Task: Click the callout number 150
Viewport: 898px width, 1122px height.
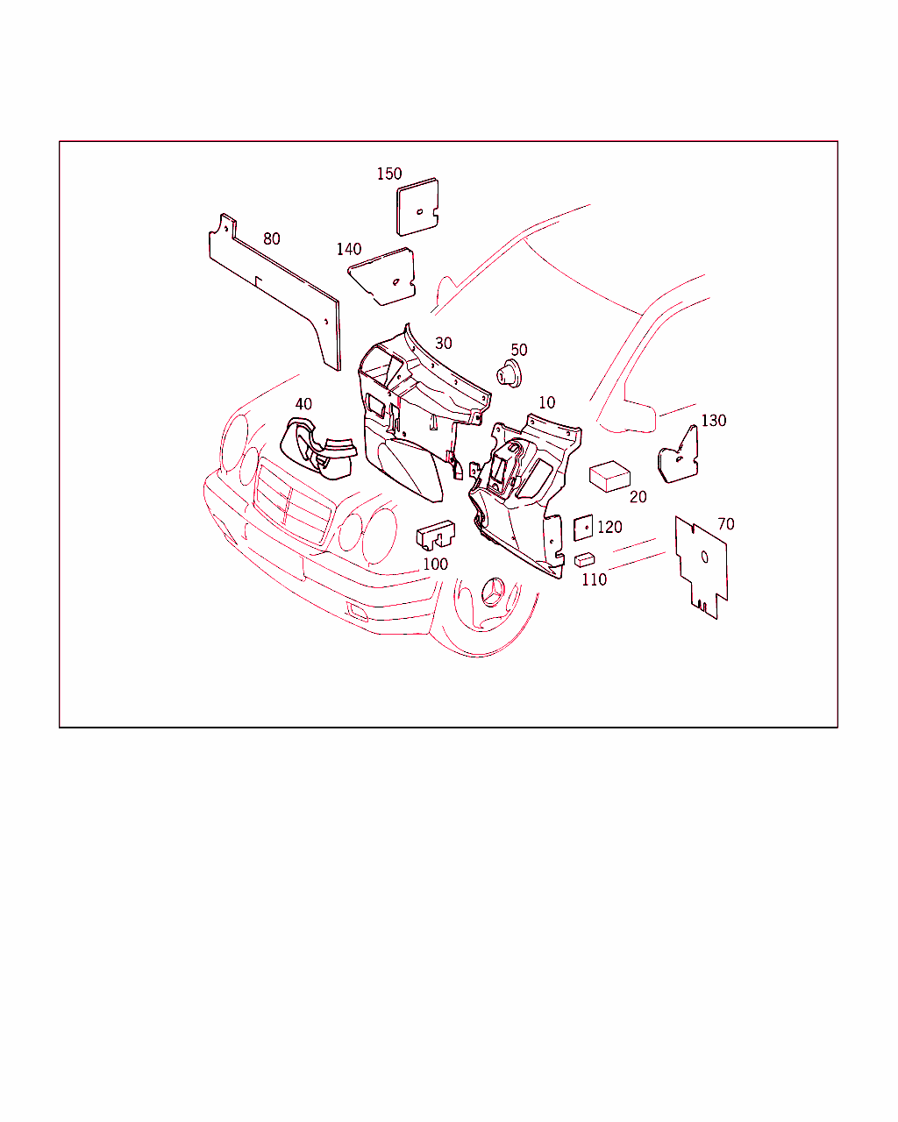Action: pyautogui.click(x=389, y=174)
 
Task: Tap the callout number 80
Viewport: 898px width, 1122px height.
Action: pyautogui.click(x=271, y=238)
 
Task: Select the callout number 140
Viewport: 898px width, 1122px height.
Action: pyautogui.click(x=348, y=249)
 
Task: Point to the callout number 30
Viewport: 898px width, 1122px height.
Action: pyautogui.click(x=444, y=343)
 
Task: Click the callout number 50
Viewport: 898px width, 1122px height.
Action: pyautogui.click(x=518, y=350)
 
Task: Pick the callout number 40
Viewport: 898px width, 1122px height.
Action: pyautogui.click(x=303, y=403)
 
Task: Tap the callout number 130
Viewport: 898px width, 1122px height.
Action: pyautogui.click(x=713, y=420)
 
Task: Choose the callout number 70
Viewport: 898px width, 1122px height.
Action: pyautogui.click(x=726, y=523)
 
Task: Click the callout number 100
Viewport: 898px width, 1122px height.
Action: pyautogui.click(x=435, y=564)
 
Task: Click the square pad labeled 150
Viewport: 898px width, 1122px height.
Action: pyautogui.click(x=417, y=207)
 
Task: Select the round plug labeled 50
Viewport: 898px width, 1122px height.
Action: pyautogui.click(x=509, y=373)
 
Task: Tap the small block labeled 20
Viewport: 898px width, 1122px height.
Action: pyautogui.click(x=609, y=476)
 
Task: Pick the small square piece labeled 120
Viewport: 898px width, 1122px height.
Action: pyautogui.click(x=583, y=529)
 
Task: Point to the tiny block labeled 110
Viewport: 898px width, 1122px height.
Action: pyautogui.click(x=584, y=559)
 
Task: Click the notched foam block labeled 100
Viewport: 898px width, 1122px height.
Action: pyautogui.click(x=436, y=535)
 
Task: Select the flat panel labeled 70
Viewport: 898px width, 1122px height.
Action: pyautogui.click(x=702, y=567)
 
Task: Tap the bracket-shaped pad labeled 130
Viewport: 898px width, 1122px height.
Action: pyautogui.click(x=679, y=455)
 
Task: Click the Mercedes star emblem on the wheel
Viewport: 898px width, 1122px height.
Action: pyautogui.click(x=493, y=593)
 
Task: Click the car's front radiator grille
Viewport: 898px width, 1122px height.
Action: pyautogui.click(x=293, y=501)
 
